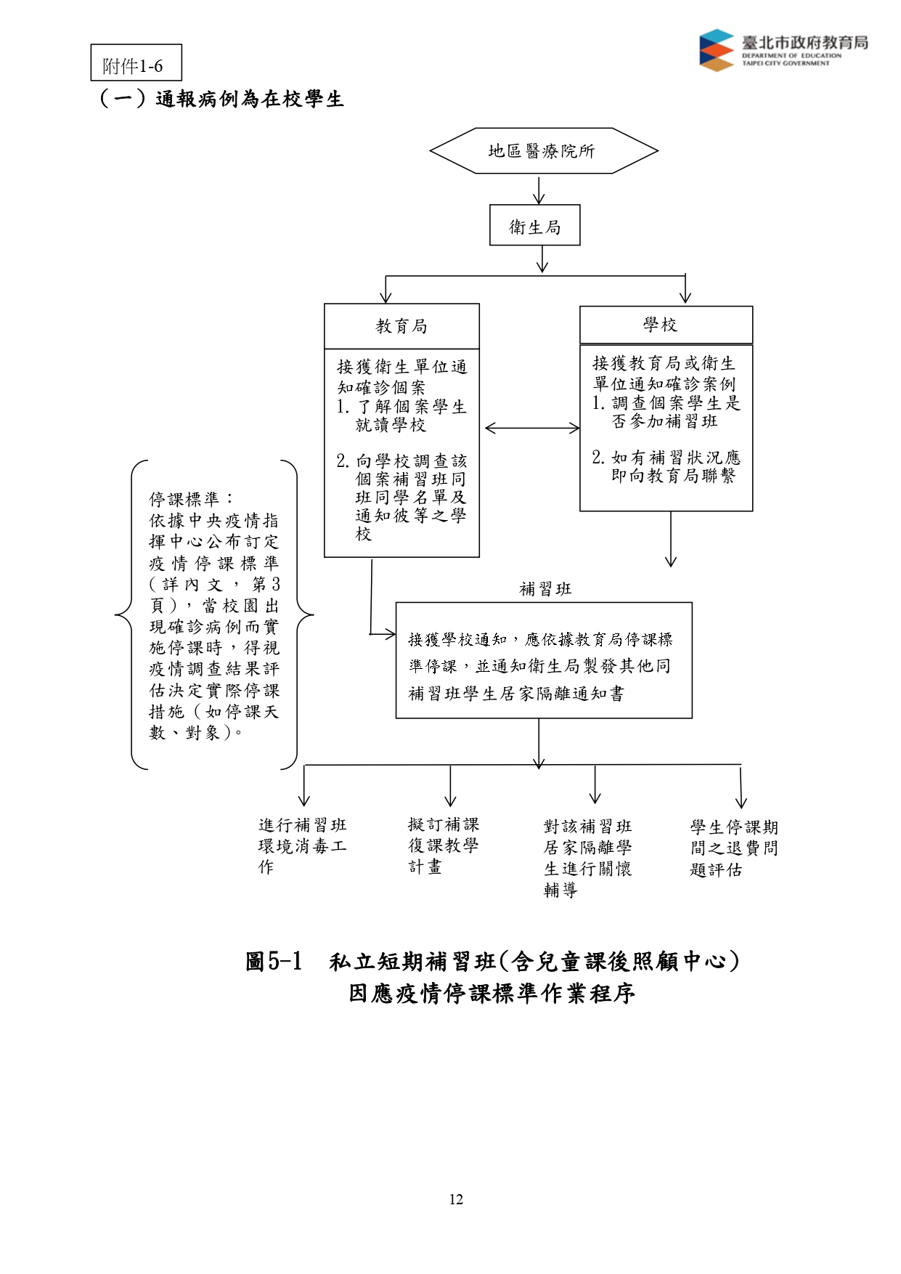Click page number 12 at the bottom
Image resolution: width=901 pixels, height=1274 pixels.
[x=456, y=1199]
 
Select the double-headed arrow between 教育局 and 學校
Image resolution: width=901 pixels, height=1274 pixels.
[x=532, y=428]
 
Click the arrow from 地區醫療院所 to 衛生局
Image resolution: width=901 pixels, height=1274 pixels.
[x=539, y=190]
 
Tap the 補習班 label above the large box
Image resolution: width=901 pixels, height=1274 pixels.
[x=546, y=589]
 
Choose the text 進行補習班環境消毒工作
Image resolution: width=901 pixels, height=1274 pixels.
[x=303, y=845]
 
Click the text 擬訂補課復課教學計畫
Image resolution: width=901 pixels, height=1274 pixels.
[x=444, y=845]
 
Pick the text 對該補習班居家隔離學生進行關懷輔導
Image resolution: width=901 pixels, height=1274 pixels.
[x=588, y=858]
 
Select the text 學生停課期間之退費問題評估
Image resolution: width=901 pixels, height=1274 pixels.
[x=734, y=848]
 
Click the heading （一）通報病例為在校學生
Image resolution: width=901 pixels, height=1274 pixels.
[x=221, y=98]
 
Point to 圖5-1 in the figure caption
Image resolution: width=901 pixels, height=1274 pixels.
[x=274, y=961]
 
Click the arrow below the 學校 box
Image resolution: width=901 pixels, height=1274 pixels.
[x=671, y=539]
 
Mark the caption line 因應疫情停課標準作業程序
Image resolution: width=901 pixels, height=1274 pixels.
[x=492, y=993]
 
